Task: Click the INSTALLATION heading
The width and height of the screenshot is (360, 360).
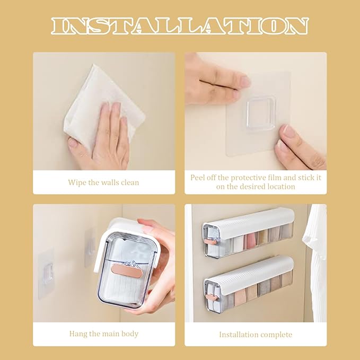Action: (x=180, y=26)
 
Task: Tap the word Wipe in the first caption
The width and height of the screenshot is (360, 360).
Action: (x=77, y=182)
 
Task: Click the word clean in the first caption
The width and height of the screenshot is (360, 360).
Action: (x=130, y=182)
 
